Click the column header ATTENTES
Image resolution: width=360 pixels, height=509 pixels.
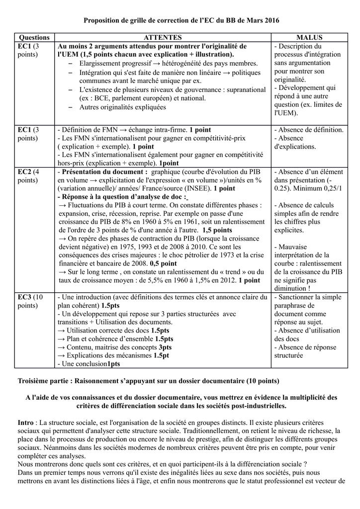pos(163,37)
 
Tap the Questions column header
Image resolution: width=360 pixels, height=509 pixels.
pos(34,37)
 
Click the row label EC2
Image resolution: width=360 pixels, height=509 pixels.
pos(25,172)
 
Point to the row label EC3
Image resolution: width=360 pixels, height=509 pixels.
pos(25,297)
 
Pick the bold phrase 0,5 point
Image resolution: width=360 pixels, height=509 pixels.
pos(163,263)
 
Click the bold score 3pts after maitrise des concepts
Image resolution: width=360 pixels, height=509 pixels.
pos(165,347)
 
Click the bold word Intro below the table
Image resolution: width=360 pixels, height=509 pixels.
pos(26,422)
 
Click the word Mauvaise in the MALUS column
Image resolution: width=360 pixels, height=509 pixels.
pos(293,247)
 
